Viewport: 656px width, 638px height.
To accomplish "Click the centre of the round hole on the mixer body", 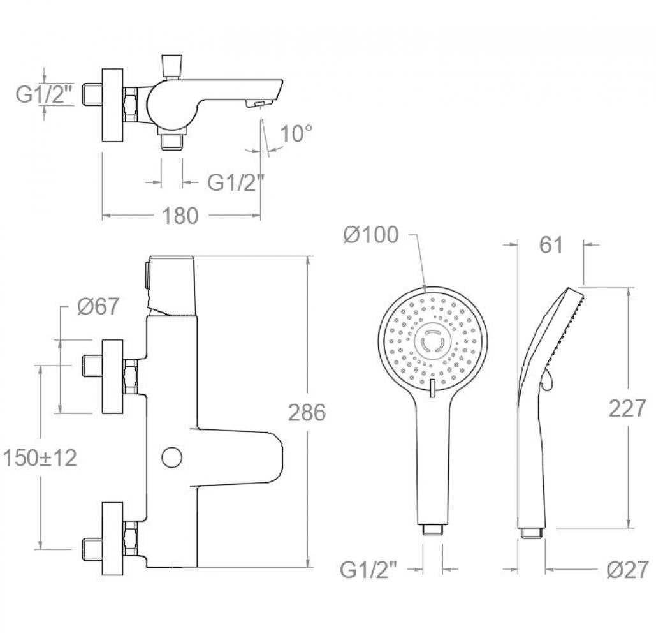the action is [172, 457].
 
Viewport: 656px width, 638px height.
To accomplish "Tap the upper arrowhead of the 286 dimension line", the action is [309, 260].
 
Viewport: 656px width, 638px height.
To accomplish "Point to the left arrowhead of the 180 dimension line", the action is [108, 216].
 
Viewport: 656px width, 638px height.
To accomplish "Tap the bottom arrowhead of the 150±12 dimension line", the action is [41, 544].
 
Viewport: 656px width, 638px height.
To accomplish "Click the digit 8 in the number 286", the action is [307, 413].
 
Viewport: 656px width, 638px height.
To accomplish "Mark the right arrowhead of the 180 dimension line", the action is [256, 216].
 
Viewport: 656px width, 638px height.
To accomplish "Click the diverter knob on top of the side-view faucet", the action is [172, 66].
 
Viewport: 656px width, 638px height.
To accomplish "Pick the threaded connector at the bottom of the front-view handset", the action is [433, 530].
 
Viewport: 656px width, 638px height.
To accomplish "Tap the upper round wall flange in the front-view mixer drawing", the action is [113, 376].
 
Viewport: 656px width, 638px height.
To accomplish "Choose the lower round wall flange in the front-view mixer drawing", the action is [113, 538].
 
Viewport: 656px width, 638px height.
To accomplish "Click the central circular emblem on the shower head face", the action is [433, 340].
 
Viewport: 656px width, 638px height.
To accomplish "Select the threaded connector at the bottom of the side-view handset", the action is [531, 533].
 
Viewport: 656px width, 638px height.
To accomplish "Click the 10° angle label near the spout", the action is [296, 134].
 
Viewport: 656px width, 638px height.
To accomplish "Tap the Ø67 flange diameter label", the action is [98, 306].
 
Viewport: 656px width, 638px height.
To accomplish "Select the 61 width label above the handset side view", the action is [551, 245].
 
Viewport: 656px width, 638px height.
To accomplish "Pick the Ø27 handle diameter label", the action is [627, 569].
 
